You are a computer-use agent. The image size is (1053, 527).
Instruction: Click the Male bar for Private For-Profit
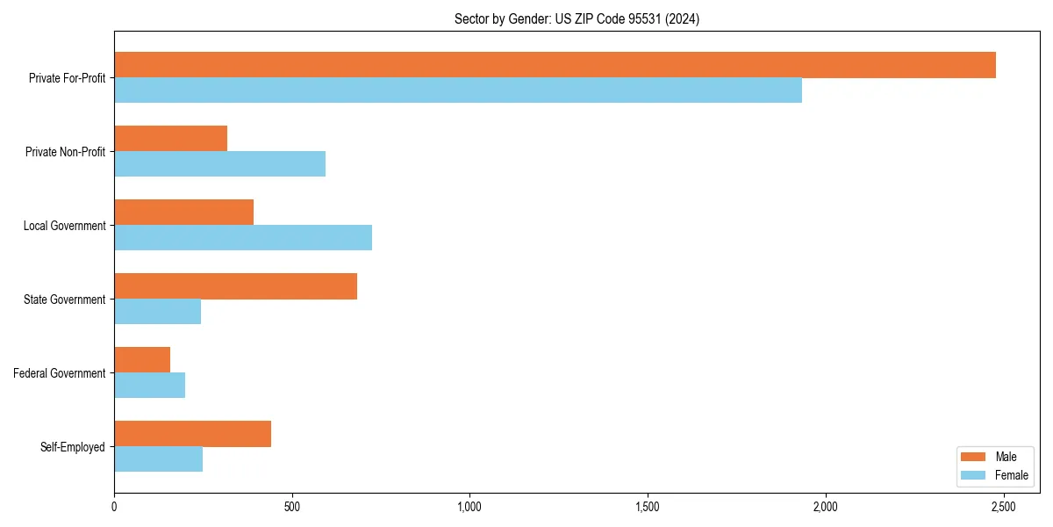(x=555, y=65)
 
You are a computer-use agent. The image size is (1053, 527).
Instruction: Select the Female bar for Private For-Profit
(x=458, y=90)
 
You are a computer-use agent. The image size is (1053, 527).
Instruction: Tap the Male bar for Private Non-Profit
(x=170, y=139)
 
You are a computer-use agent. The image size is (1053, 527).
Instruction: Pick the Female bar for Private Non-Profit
(x=219, y=164)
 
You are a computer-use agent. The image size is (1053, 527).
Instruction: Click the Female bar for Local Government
(x=243, y=238)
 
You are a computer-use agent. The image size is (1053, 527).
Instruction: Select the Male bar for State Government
(x=235, y=286)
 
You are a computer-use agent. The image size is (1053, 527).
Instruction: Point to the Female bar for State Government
(x=157, y=312)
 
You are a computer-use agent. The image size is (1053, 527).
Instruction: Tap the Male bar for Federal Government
(x=142, y=360)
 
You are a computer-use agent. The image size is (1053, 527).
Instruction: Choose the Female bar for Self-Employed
(x=158, y=459)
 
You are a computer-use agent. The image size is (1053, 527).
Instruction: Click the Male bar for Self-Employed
(x=192, y=434)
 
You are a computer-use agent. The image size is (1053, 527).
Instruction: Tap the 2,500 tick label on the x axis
(x=1003, y=508)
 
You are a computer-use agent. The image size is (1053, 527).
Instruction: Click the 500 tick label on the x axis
(x=292, y=508)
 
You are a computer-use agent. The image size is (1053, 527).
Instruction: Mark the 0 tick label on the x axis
(x=114, y=508)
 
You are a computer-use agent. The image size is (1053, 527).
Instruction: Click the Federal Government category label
(x=60, y=373)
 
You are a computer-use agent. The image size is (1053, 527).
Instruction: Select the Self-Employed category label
(x=73, y=447)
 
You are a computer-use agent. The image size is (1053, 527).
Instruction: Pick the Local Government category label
(x=65, y=226)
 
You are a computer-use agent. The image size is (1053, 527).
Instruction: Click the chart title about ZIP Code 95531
(x=577, y=18)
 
